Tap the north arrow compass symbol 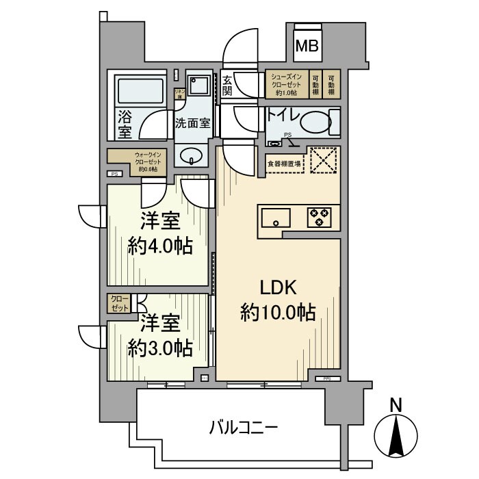click(395, 431)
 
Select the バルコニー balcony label click(243, 430)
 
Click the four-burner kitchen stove click(318, 218)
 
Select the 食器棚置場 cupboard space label click(283, 163)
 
